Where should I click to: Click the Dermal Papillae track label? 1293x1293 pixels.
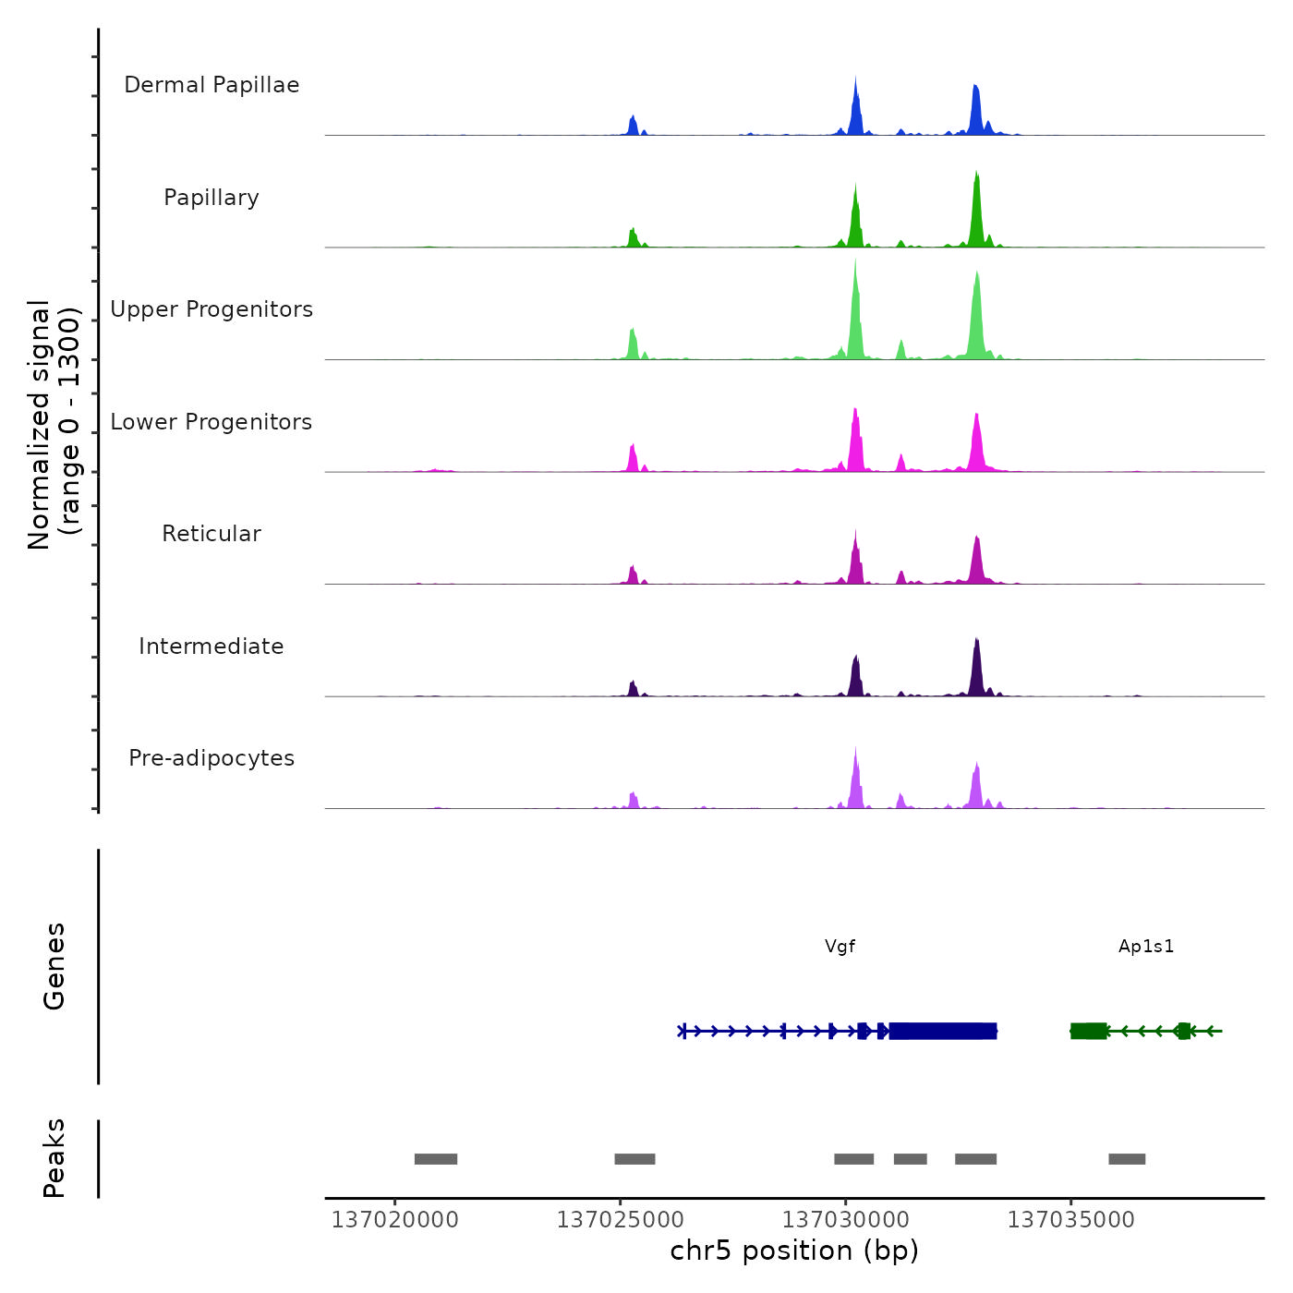click(x=211, y=85)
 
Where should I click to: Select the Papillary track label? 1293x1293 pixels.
click(x=211, y=198)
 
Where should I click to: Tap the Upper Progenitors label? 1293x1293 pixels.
click(x=211, y=309)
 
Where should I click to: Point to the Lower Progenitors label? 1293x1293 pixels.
click(x=211, y=422)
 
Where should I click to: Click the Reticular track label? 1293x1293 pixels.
click(x=211, y=534)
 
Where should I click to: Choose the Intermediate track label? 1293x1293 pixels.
click(x=211, y=646)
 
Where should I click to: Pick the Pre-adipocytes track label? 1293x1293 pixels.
click(x=211, y=758)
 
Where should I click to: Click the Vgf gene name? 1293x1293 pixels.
click(x=840, y=947)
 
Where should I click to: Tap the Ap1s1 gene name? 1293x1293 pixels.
click(x=1146, y=947)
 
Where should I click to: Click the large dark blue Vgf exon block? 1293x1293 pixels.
click(x=942, y=1031)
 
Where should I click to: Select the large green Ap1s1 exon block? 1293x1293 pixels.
click(x=1089, y=1031)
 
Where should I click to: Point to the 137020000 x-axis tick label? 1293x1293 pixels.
click(x=394, y=1220)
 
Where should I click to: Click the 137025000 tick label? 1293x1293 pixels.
click(x=620, y=1220)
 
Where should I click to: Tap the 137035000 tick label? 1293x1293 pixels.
click(x=1070, y=1220)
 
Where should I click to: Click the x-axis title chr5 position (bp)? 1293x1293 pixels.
click(x=794, y=1251)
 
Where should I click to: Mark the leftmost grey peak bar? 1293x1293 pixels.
click(x=436, y=1159)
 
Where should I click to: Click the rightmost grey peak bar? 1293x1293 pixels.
click(x=1127, y=1159)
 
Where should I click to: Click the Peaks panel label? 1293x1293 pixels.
click(x=54, y=1158)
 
